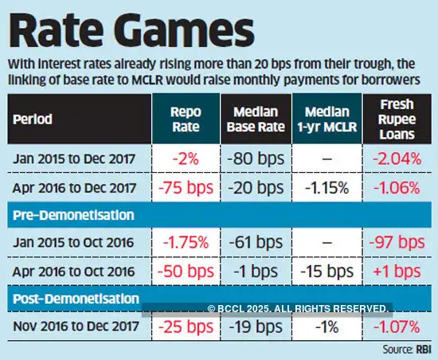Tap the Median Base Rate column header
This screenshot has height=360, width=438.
tap(257, 119)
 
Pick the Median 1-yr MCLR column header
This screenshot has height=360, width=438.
tap(327, 119)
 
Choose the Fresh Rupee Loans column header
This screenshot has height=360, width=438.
tap(394, 119)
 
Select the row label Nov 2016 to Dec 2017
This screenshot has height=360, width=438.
tap(74, 326)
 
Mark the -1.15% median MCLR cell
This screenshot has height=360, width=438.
tap(327, 188)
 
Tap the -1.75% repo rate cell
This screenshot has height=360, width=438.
tap(187, 242)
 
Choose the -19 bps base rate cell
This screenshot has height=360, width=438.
tap(257, 326)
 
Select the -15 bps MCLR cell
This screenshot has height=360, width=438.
tap(327, 271)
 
